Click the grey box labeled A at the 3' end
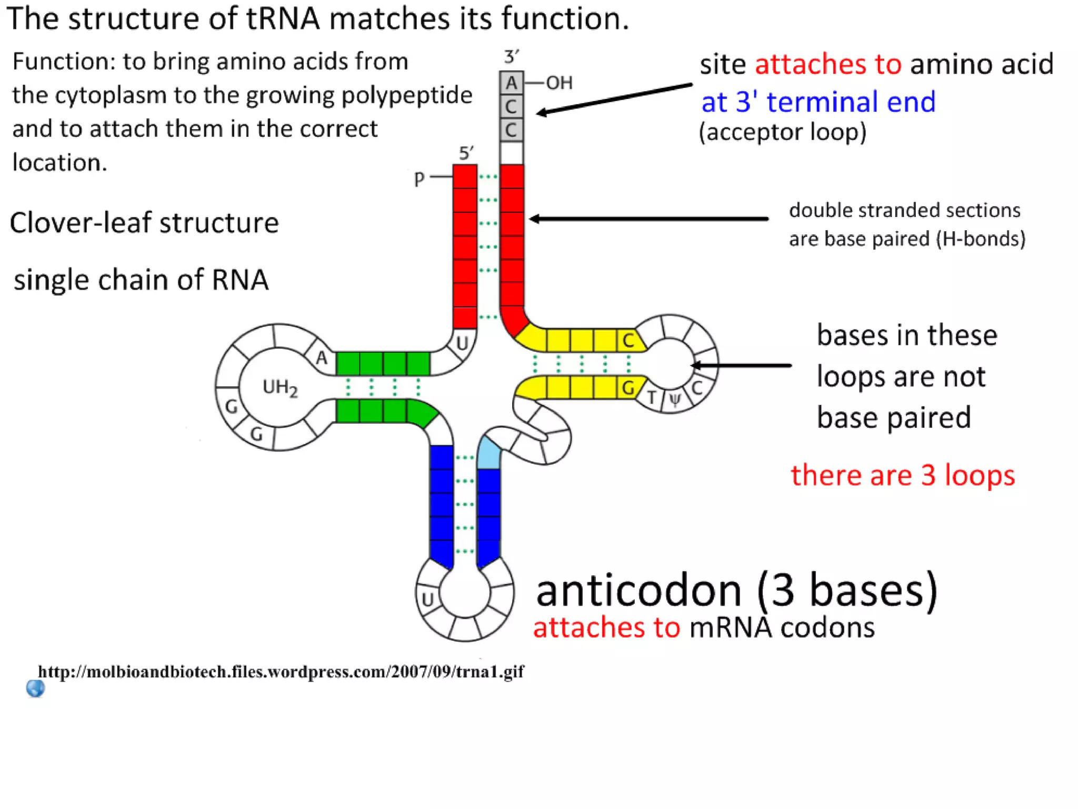click(x=511, y=83)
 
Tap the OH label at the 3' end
click(x=559, y=83)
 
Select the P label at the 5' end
click(x=419, y=180)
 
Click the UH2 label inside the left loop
click(x=280, y=388)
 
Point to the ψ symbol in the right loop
click(x=675, y=399)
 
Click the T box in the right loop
click(x=652, y=397)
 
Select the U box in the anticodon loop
click(x=427, y=599)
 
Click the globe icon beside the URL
click(x=35, y=688)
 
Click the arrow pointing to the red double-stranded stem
click(x=647, y=219)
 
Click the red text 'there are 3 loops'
click(x=902, y=475)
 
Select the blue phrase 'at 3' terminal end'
click(x=818, y=102)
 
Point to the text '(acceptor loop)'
click(x=782, y=132)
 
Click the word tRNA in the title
click(x=283, y=19)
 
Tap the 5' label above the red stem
click(x=466, y=153)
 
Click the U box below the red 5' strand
click(x=462, y=343)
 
